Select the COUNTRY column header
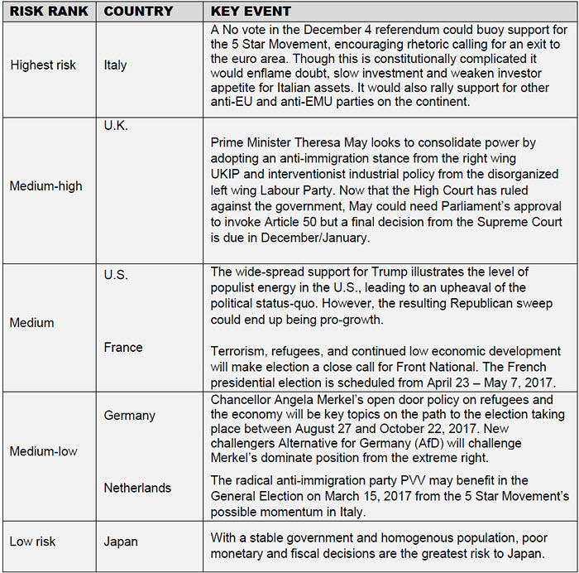pyautogui.click(x=138, y=12)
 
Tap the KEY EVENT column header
pyautogui.click(x=252, y=12)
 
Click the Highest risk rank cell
pyautogui.click(x=43, y=64)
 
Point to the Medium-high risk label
pyautogui.click(x=46, y=185)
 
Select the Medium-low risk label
pyautogui.click(x=43, y=451)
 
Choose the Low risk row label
pyautogui.click(x=34, y=542)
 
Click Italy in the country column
pyautogui.click(x=117, y=64)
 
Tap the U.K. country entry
pyautogui.click(x=117, y=126)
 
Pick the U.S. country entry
pyautogui.click(x=117, y=274)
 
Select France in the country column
pyautogui.click(x=123, y=348)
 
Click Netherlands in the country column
pyautogui.click(x=137, y=488)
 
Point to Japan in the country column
pyautogui.click(x=121, y=542)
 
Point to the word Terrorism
pyautogui.click(x=241, y=351)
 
